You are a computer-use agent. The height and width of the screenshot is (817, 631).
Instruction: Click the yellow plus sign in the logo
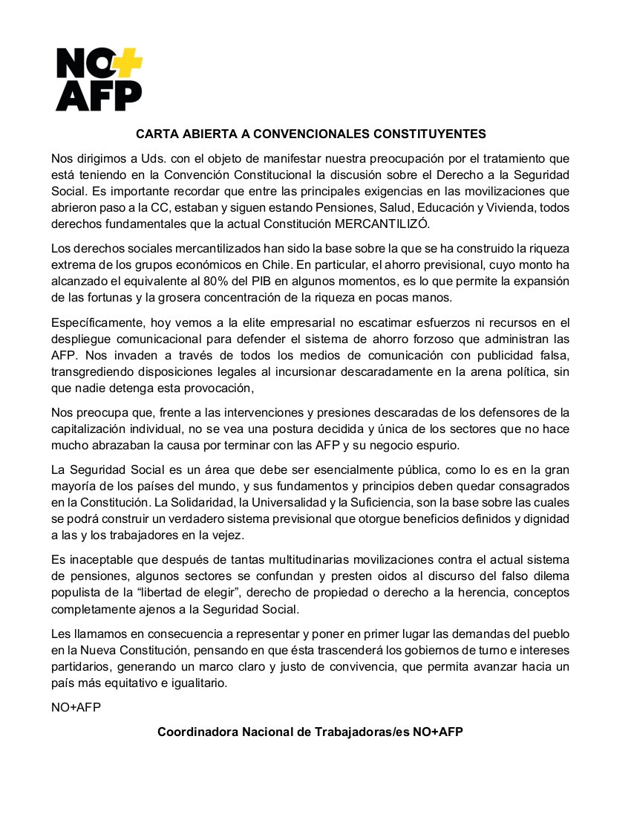click(x=128, y=62)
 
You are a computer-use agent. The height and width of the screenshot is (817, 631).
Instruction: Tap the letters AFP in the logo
click(x=99, y=95)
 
